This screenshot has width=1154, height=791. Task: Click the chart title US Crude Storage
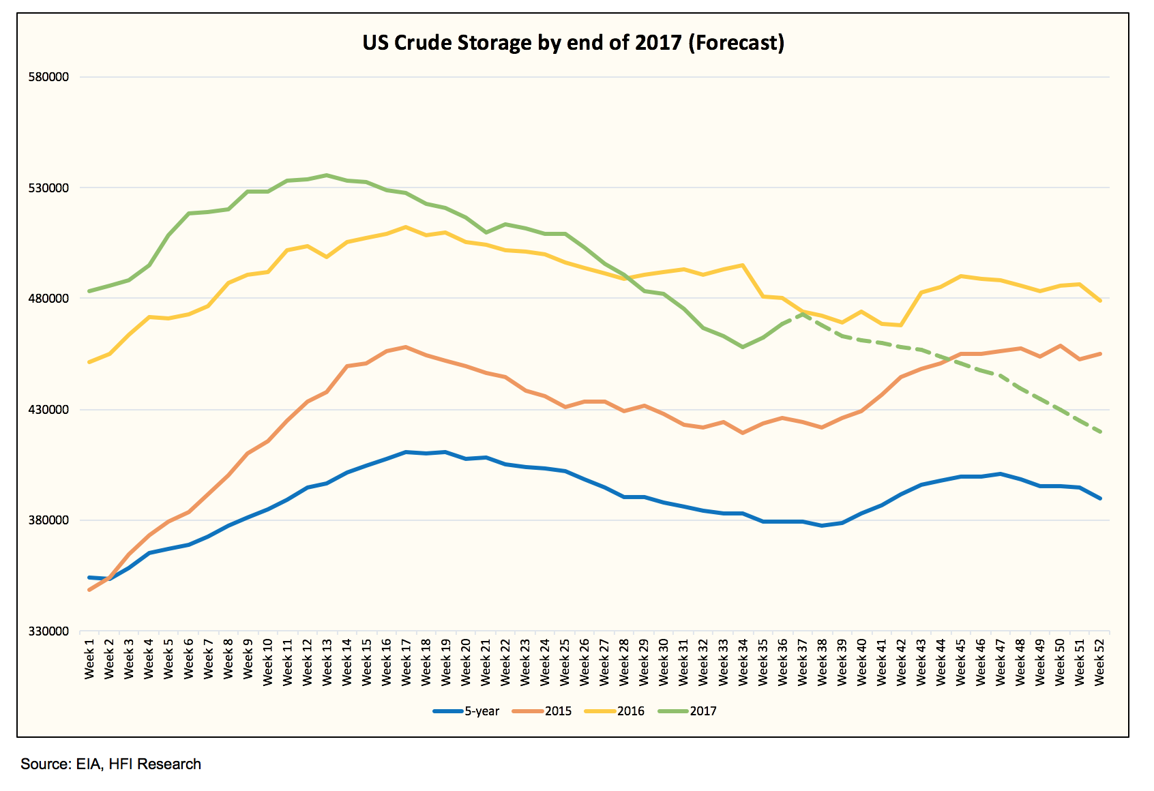click(573, 43)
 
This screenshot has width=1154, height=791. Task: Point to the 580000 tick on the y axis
click(48, 77)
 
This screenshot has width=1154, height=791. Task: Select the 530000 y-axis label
click(48, 188)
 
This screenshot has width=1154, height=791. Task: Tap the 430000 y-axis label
click(48, 409)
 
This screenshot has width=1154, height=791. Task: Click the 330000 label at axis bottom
click(48, 631)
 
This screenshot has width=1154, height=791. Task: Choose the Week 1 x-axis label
click(89, 659)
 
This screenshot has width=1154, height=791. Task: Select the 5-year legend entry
click(467, 711)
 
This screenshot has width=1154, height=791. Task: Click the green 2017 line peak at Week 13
click(327, 175)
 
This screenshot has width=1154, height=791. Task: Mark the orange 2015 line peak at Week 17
click(406, 347)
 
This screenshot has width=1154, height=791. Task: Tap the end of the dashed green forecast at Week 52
click(1100, 432)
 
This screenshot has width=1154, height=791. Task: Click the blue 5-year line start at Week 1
click(89, 578)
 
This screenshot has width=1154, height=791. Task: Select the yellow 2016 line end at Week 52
click(1100, 301)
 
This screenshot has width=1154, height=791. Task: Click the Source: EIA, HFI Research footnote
click(110, 764)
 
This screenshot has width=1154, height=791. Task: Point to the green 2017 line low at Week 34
click(743, 347)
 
